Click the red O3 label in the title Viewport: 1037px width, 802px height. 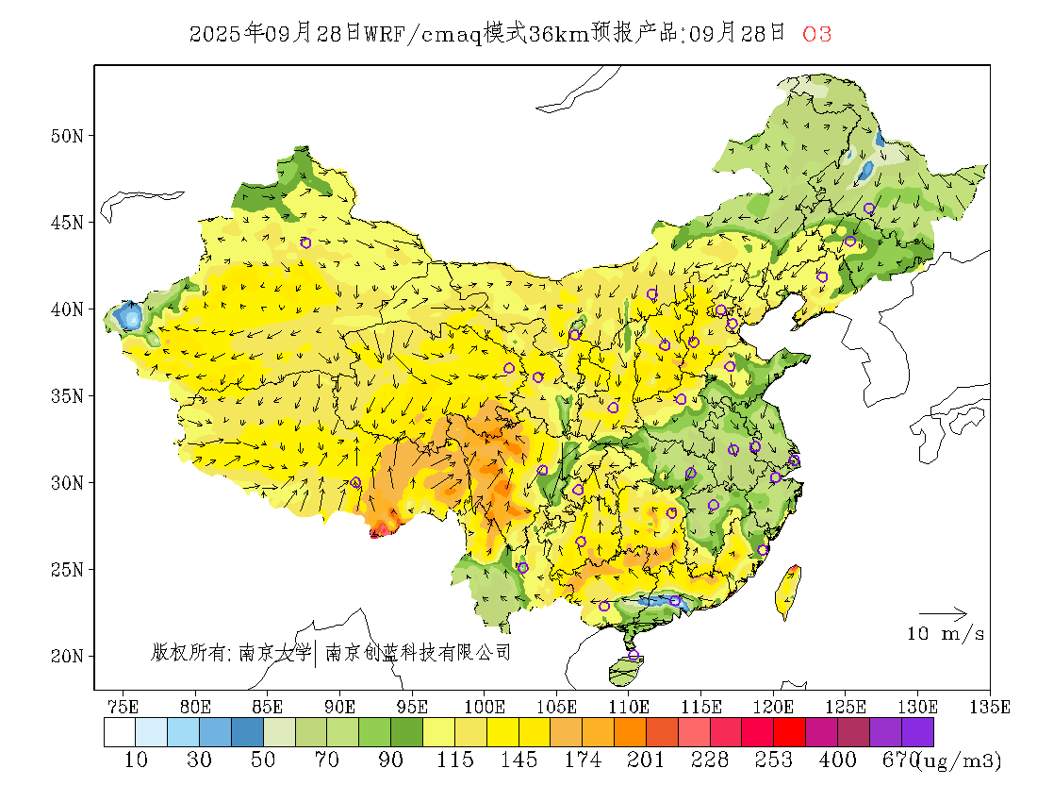(x=816, y=34)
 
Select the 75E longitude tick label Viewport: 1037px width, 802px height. (x=123, y=706)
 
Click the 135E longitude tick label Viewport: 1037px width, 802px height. (x=990, y=706)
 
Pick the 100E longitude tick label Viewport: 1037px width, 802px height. (x=485, y=706)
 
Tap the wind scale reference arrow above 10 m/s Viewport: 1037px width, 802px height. (x=943, y=614)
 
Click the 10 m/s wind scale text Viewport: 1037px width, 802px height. (x=946, y=634)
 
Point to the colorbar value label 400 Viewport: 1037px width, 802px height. (x=838, y=760)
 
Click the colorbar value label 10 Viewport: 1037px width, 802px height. (x=136, y=760)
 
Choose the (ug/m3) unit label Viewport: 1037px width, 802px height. (x=960, y=760)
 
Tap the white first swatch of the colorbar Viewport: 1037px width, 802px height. (x=120, y=732)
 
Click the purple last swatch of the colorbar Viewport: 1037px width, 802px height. (x=917, y=732)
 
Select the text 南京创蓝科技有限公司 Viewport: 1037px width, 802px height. (x=418, y=652)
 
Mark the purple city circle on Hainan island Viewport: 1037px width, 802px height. (x=633, y=655)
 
